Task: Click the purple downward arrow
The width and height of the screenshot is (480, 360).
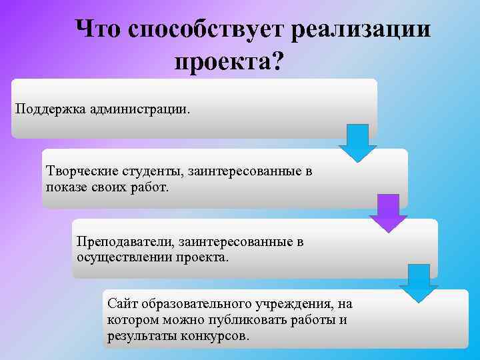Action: tap(388, 213)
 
